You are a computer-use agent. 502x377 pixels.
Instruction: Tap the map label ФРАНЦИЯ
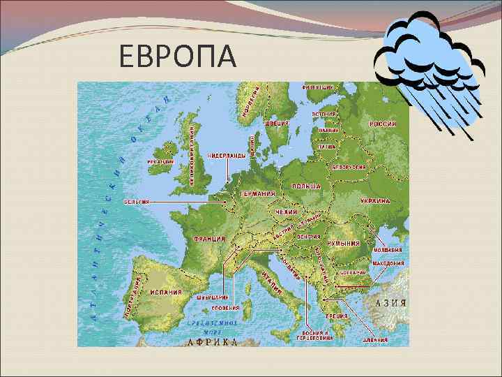tap(208, 239)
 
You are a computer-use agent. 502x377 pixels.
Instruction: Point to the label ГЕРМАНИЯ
tap(257, 193)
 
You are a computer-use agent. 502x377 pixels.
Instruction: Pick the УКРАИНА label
tap(374, 200)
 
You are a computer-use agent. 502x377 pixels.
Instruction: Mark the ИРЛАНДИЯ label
tap(160, 161)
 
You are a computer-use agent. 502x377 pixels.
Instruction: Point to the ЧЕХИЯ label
tap(286, 212)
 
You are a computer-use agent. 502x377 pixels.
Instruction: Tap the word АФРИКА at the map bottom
tap(213, 341)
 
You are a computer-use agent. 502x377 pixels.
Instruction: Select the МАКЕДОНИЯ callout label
tap(388, 264)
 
